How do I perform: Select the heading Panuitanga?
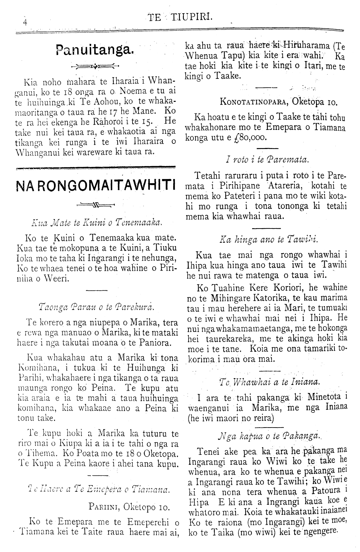tap(94, 50)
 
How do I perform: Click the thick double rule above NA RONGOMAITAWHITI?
tap(95, 168)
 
